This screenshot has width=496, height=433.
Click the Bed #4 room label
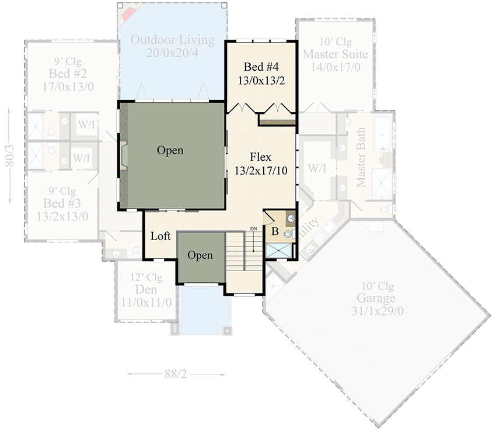coord(261,67)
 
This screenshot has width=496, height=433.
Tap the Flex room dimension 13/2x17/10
coord(260,171)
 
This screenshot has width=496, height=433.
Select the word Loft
coord(160,237)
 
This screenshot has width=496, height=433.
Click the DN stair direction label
coord(253,228)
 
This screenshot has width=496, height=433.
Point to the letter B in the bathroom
coord(275,231)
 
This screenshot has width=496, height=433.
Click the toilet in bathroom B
coord(288,233)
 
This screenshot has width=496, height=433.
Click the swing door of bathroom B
coord(270,217)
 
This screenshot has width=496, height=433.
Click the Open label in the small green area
coord(200,256)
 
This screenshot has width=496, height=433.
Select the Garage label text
coord(378,299)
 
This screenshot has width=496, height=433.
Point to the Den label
coord(146,290)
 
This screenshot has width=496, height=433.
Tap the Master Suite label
coord(335,54)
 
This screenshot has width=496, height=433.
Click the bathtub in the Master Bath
coord(383,132)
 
